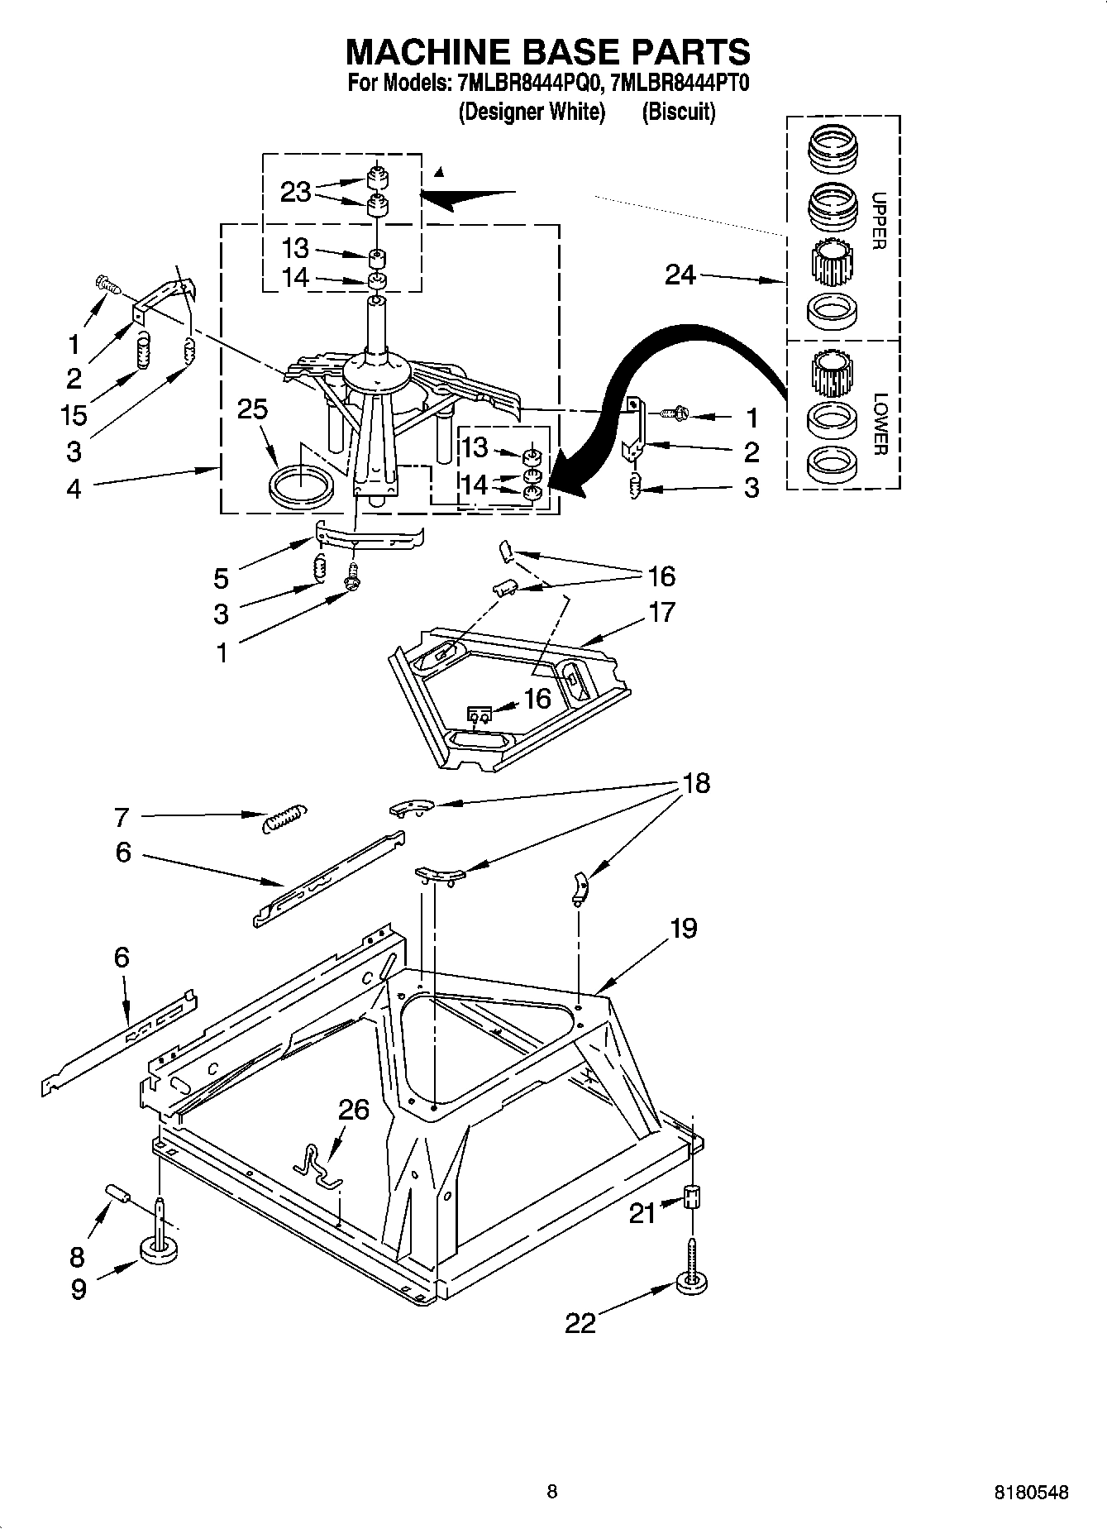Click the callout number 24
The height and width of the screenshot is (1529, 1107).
(680, 275)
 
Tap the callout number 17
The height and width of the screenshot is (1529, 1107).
(661, 612)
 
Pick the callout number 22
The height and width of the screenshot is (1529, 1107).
(580, 1323)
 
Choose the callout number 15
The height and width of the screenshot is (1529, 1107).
(74, 414)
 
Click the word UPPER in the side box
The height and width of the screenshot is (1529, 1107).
(878, 221)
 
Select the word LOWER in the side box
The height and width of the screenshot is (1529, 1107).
(879, 423)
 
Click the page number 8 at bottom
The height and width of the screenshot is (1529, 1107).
(552, 1492)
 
